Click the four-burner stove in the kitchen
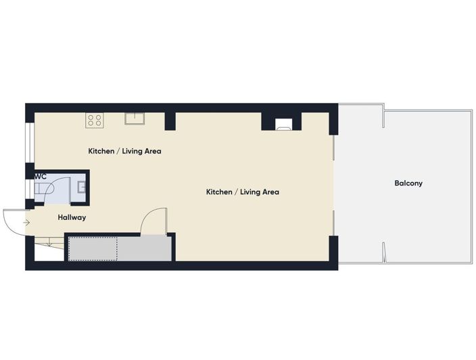tap(95, 120)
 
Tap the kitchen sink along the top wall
tap(135, 118)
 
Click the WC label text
tap(41, 177)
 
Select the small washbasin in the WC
tap(81, 187)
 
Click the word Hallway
tap(72, 217)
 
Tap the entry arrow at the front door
tap(26, 223)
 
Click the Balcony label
tap(408, 183)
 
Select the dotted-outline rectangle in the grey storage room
tap(93, 249)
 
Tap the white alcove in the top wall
tap(284, 125)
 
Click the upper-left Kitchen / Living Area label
tap(125, 151)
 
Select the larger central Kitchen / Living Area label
tap(243, 192)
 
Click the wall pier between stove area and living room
tap(170, 122)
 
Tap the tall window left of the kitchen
tap(30, 142)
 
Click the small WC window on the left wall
tap(30, 190)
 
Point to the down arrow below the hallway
tap(49, 242)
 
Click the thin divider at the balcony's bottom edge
tap(384, 252)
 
